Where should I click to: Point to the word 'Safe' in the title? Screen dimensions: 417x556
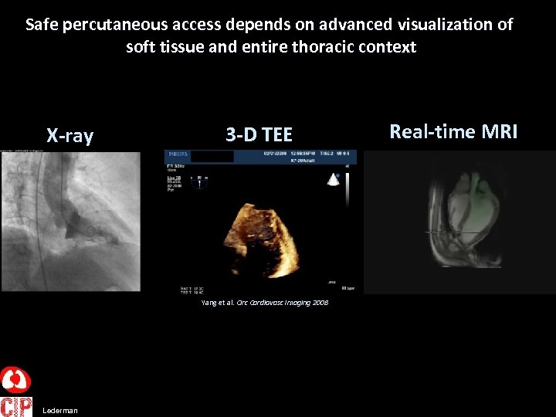click(42, 24)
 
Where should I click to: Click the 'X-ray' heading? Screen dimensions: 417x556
click(69, 137)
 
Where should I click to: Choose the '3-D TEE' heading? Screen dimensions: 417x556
click(259, 135)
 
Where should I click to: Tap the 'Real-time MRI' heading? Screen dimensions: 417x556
click(453, 131)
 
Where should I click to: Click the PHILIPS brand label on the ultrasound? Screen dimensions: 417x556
click(178, 154)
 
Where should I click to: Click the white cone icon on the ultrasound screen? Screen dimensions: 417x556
click(334, 179)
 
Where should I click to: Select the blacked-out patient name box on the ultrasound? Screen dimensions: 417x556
click(212, 156)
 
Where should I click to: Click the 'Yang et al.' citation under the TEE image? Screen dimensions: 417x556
click(218, 303)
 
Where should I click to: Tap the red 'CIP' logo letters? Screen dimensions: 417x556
click(15, 406)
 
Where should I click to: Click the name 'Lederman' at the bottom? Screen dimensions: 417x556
click(60, 411)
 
